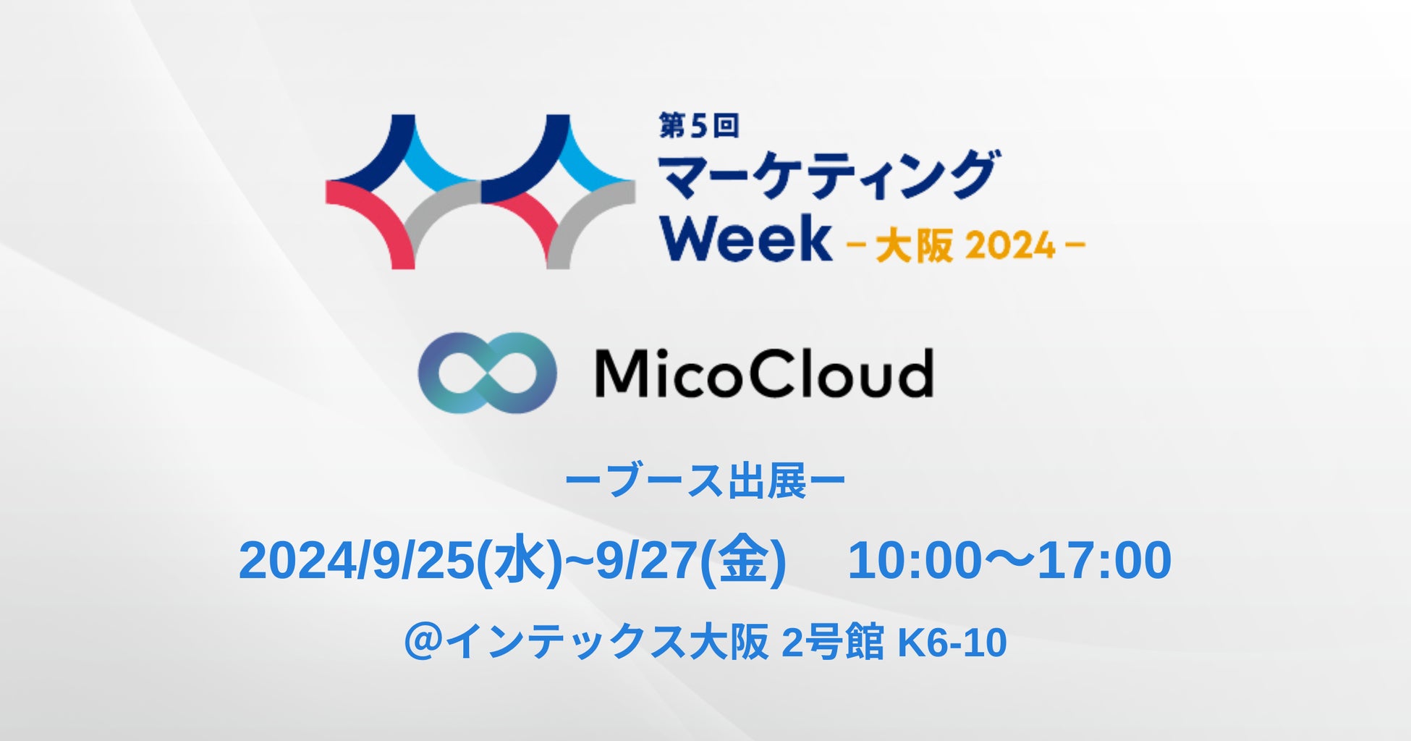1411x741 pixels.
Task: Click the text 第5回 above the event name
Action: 698,126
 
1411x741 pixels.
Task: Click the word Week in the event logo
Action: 746,237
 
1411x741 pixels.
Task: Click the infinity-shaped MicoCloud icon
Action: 488,373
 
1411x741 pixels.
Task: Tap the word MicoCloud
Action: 763,373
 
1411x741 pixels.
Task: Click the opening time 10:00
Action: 914,561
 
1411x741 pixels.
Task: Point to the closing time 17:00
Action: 1104,561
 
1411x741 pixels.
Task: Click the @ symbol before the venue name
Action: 423,642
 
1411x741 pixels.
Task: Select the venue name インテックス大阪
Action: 606,642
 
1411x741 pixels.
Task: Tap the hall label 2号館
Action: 833,642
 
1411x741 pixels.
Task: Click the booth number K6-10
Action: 952,643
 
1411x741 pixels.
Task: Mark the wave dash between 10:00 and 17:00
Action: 1009,561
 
